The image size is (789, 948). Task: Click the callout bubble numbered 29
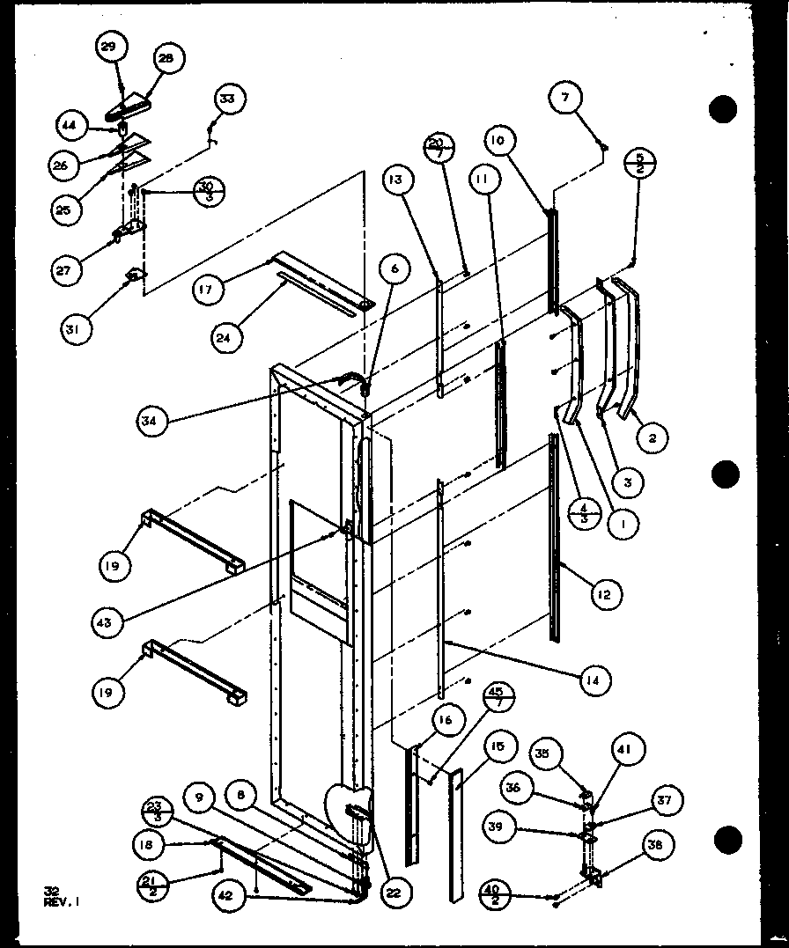pos(109,48)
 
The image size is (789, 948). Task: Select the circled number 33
pos(228,99)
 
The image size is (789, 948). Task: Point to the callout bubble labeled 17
pos(205,290)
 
